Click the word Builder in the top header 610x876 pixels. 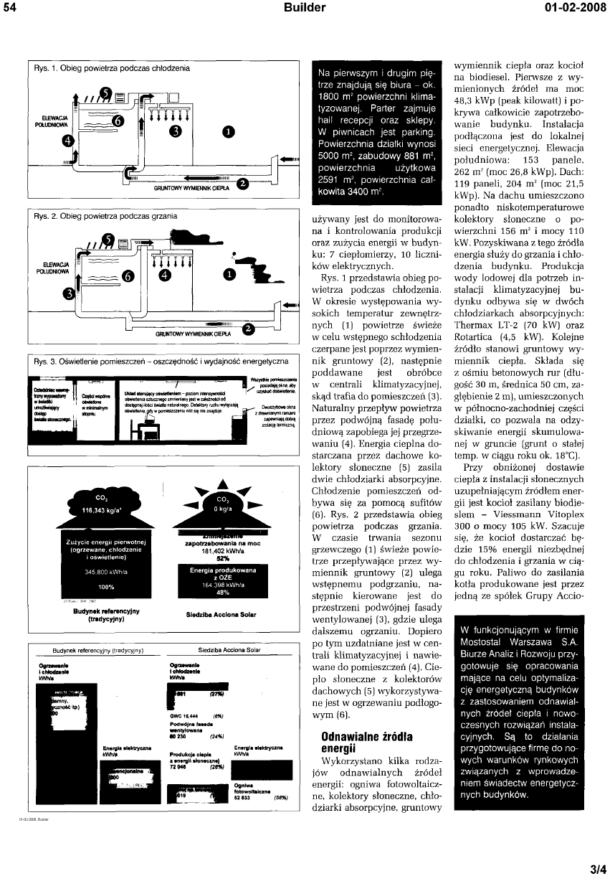pyautogui.click(x=304, y=8)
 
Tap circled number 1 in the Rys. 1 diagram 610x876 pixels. pyautogui.click(x=228, y=131)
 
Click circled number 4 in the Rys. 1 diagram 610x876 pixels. pyautogui.click(x=68, y=141)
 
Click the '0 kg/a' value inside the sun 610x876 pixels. pyautogui.click(x=221, y=507)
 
